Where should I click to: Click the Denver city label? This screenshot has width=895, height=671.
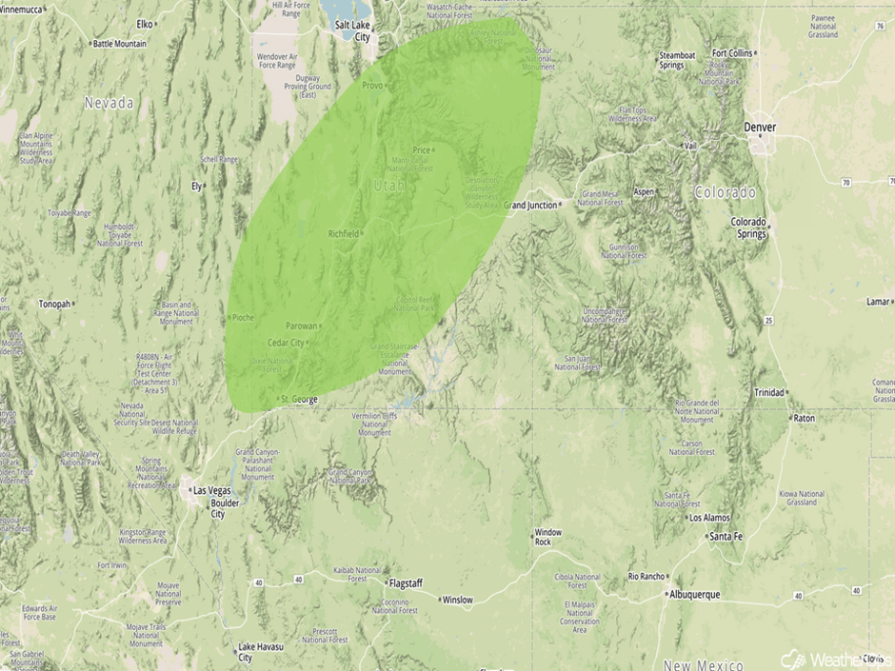pyautogui.click(x=760, y=128)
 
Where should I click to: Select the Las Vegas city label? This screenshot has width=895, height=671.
pyautogui.click(x=211, y=490)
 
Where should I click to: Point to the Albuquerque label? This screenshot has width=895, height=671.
pyautogui.click(x=693, y=595)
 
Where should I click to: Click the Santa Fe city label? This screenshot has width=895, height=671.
pyautogui.click(x=726, y=537)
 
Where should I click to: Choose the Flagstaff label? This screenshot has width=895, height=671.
pyautogui.click(x=405, y=582)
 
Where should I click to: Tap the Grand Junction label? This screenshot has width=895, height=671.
pyautogui.click(x=530, y=205)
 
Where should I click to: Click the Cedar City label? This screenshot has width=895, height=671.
pyautogui.click(x=286, y=343)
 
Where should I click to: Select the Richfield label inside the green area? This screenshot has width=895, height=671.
pyautogui.click(x=344, y=233)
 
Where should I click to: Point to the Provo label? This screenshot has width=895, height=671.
pyautogui.click(x=371, y=86)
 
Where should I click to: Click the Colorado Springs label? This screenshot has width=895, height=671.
pyautogui.click(x=748, y=227)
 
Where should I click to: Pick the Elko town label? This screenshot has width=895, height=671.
pyautogui.click(x=145, y=23)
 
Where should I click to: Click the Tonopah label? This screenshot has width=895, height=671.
pyautogui.click(x=54, y=305)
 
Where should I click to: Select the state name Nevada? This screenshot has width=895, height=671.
pyautogui.click(x=109, y=103)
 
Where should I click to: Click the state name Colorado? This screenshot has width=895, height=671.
pyautogui.click(x=725, y=192)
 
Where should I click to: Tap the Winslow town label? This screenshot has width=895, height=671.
pyautogui.click(x=456, y=600)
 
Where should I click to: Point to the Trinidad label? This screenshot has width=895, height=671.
pyautogui.click(x=769, y=392)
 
